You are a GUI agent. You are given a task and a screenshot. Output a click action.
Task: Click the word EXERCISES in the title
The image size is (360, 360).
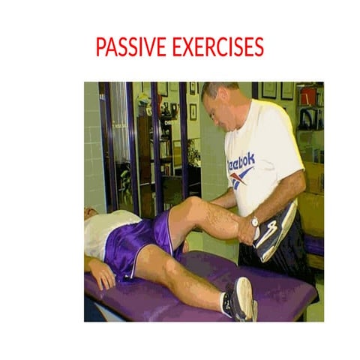point(217,47)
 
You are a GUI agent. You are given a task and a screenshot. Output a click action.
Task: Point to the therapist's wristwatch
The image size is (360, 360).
point(255,222)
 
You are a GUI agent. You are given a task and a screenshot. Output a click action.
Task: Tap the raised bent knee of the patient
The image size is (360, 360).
point(193,207)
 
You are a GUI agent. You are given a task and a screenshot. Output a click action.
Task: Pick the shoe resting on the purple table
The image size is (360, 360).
point(241,298)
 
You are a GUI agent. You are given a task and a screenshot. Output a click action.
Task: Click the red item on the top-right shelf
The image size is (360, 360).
point(307,96)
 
